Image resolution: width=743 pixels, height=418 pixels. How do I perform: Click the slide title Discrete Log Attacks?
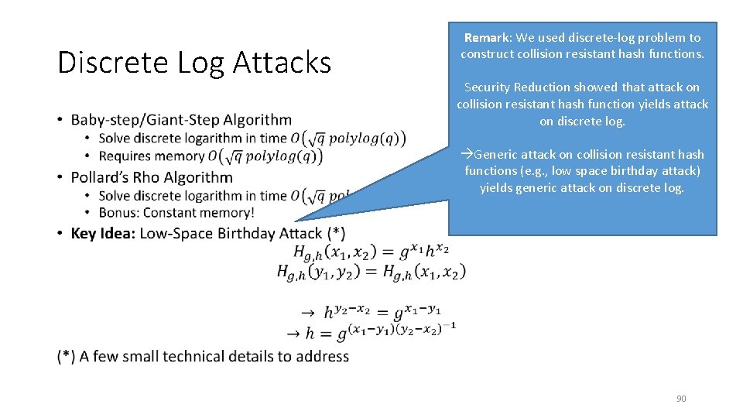click(194, 62)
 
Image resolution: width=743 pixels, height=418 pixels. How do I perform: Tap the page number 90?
click(681, 399)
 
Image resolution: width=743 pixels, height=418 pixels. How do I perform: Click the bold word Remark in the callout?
click(488, 37)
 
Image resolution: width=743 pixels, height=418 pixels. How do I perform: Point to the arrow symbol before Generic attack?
click(467, 154)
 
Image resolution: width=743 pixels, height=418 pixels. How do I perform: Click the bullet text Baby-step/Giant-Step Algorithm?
click(181, 119)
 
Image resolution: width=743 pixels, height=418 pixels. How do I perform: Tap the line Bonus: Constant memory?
click(176, 212)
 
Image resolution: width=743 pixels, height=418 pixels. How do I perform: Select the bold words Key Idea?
click(103, 233)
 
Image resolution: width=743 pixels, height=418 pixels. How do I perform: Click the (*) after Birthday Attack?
click(336, 233)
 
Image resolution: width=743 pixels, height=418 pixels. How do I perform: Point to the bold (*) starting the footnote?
click(67, 356)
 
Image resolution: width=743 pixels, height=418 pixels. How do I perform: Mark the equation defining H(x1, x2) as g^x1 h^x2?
click(371, 251)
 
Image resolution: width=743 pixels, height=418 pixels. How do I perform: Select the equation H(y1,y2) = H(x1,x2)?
click(371, 272)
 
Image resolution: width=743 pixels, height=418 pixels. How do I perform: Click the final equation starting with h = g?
click(371, 333)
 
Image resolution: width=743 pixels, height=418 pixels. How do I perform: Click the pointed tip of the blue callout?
click(296, 221)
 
